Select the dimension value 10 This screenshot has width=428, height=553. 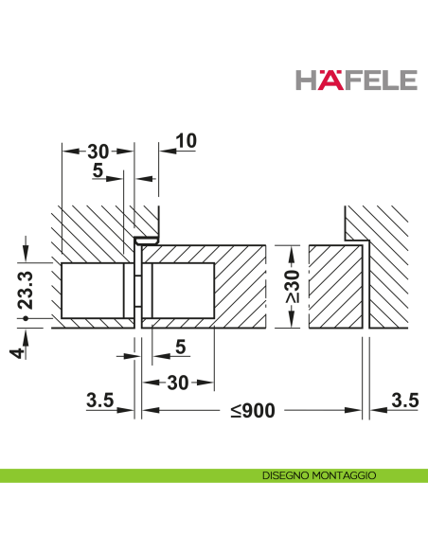186,140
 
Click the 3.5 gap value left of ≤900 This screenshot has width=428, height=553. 98,401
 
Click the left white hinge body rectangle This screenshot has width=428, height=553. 92,291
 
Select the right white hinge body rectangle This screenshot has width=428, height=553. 180,291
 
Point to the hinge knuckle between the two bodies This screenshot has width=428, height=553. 137,290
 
